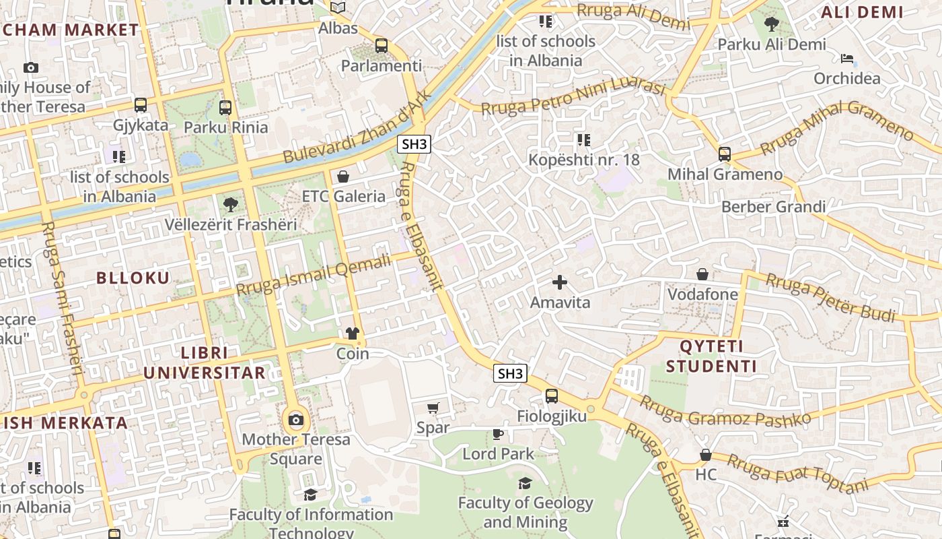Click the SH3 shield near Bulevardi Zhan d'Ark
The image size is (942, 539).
tap(414, 144)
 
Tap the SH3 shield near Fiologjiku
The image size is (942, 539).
tap(510, 373)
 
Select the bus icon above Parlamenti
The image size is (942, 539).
tap(382, 46)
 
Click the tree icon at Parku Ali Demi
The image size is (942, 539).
tap(771, 25)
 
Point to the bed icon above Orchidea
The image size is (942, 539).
tap(847, 59)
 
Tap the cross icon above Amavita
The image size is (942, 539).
tap(560, 282)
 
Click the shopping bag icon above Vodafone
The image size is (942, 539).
tap(702, 274)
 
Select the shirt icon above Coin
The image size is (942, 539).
tap(353, 334)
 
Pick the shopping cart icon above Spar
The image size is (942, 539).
tap(433, 408)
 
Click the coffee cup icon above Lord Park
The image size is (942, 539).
tap(498, 434)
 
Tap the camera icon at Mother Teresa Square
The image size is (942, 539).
tap(296, 420)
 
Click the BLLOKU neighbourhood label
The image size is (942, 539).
tap(133, 278)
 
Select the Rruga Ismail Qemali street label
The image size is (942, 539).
tap(314, 275)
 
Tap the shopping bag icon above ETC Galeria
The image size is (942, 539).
tap(343, 177)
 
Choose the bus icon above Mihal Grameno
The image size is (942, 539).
tap(725, 154)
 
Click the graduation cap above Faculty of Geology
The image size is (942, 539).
tap(525, 483)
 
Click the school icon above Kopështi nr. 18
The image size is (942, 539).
tap(583, 140)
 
